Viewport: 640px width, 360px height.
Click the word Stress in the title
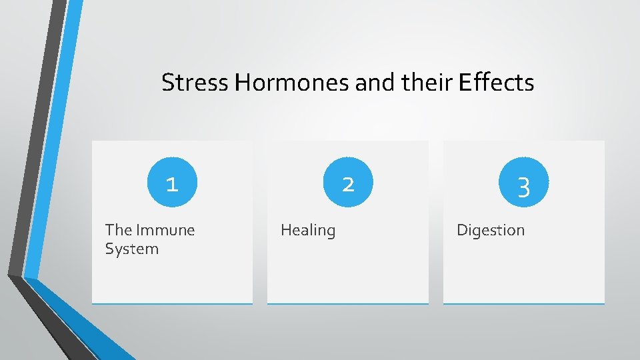coord(195,83)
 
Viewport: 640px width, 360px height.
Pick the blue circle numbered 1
coord(172,183)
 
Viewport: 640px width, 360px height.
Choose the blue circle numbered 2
coord(348,183)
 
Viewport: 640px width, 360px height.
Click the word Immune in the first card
coord(165,230)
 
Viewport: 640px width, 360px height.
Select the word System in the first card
coord(132,249)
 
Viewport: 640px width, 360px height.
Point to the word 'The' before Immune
coord(119,230)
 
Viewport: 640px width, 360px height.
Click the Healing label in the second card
coord(308,231)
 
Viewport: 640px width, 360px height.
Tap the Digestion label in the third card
coord(491,231)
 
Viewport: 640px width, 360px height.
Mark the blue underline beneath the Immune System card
coord(172,304)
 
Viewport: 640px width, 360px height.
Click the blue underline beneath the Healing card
coord(348,304)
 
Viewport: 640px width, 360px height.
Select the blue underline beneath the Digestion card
coord(523,304)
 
